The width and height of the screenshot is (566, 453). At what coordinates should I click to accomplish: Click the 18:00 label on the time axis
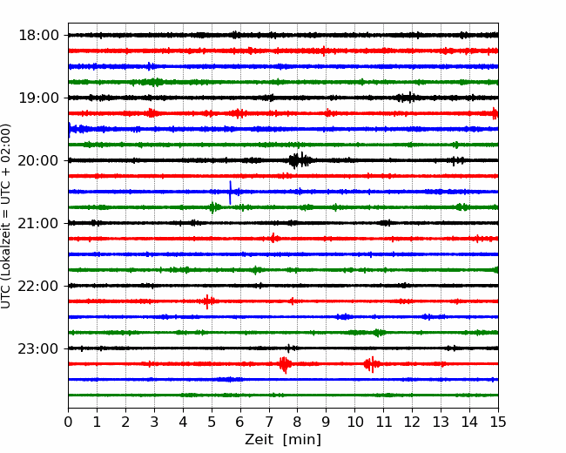click(38, 36)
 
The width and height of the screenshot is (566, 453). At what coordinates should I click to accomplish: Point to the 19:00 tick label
click(38, 98)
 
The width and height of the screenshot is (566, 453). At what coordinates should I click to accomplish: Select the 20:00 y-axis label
click(38, 160)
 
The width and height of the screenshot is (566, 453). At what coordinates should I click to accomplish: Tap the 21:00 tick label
click(38, 223)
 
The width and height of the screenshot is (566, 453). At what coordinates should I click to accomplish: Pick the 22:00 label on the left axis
click(38, 286)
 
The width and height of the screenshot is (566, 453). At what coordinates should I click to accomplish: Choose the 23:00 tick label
click(38, 348)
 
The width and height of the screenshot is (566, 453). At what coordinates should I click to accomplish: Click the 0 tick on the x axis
click(68, 422)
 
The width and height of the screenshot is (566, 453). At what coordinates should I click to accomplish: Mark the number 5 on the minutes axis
click(212, 422)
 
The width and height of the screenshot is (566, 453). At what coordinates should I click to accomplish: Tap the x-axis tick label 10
click(354, 422)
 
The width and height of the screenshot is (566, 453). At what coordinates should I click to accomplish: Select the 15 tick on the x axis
click(498, 422)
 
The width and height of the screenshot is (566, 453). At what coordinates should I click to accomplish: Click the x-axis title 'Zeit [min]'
click(283, 440)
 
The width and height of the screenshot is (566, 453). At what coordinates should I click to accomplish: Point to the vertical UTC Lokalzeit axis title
click(6, 216)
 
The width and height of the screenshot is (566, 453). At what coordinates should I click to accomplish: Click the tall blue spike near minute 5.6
click(230, 193)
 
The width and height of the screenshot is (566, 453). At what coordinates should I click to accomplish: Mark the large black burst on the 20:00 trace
click(300, 160)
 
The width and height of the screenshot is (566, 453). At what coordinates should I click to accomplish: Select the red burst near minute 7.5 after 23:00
click(285, 364)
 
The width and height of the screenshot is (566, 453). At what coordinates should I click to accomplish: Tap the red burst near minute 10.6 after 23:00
click(372, 364)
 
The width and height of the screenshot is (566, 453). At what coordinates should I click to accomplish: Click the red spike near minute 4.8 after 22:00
click(207, 301)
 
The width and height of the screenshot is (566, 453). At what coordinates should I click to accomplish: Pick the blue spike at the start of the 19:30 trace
click(70, 130)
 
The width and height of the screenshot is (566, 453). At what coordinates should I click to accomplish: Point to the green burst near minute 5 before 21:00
click(214, 207)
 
